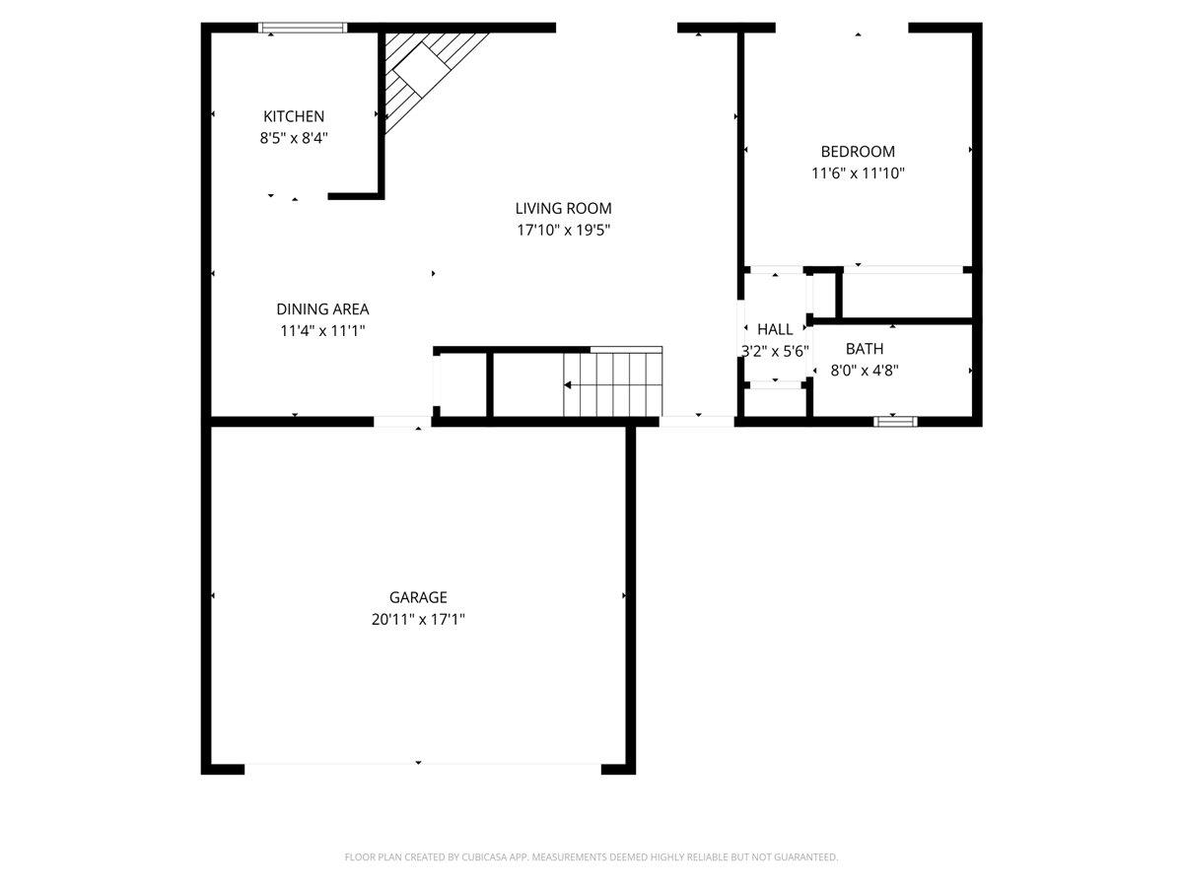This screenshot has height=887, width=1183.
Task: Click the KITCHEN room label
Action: (x=293, y=116)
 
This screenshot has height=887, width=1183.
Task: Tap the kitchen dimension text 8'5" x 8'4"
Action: (x=293, y=139)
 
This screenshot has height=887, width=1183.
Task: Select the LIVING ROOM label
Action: (x=563, y=208)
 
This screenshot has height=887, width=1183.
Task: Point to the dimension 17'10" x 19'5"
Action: (x=563, y=231)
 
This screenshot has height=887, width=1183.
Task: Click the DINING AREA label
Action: (x=322, y=309)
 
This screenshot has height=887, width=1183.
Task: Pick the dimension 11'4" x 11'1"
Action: (x=322, y=332)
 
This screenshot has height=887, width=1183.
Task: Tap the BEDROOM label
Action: (x=858, y=152)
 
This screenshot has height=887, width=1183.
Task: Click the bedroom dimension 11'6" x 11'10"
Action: (x=858, y=173)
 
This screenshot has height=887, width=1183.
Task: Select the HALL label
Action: (x=775, y=329)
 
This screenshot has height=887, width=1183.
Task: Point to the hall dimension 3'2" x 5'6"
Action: (x=775, y=351)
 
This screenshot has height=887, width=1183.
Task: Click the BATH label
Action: (x=865, y=349)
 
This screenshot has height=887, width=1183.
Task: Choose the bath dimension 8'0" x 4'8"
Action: (x=865, y=371)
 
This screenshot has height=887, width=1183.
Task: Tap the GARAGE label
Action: (x=418, y=597)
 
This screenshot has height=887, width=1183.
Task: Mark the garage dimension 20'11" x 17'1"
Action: (x=418, y=620)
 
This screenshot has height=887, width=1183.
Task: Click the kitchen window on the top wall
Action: (x=303, y=28)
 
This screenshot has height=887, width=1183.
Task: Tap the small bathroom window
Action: (x=895, y=422)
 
